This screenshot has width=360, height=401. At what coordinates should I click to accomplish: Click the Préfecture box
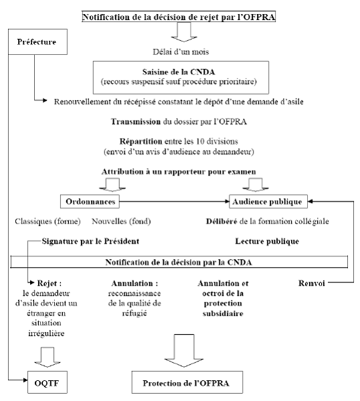(x=38, y=42)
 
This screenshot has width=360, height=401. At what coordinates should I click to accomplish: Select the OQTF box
(x=48, y=382)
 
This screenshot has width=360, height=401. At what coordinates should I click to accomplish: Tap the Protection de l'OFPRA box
(x=187, y=382)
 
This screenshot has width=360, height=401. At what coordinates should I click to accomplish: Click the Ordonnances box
(x=90, y=202)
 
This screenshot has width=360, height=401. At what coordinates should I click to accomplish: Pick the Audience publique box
(x=268, y=202)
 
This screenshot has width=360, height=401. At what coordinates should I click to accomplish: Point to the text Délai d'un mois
(x=181, y=52)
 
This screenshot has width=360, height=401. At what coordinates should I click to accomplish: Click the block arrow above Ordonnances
(x=112, y=185)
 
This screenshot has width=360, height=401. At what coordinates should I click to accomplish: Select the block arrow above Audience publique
(x=256, y=185)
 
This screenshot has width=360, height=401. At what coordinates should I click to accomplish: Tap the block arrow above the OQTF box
(x=48, y=357)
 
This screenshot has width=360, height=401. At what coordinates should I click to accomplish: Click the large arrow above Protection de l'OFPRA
(x=184, y=351)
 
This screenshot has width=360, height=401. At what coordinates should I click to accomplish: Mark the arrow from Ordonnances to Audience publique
(x=175, y=202)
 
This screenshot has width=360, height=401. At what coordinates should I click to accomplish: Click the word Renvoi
(x=311, y=283)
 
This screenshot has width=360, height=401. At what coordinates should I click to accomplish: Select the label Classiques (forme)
(x=48, y=221)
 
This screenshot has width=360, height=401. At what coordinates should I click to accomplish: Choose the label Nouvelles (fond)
(x=121, y=221)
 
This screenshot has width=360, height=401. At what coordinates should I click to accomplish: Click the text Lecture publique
(x=267, y=241)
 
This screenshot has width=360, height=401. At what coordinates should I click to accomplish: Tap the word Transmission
(x=136, y=121)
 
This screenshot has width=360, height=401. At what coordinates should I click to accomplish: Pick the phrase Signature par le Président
(x=90, y=241)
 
